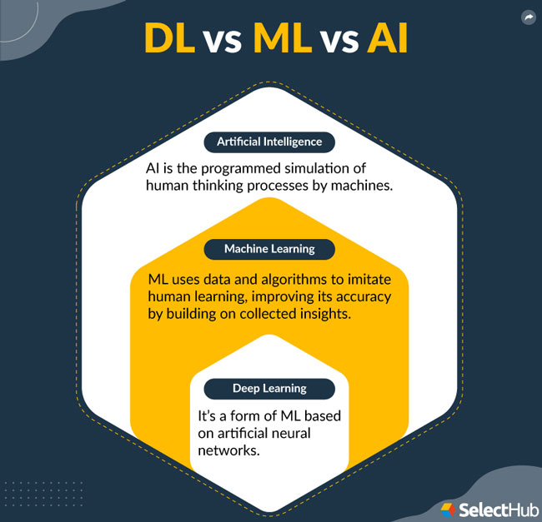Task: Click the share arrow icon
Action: (527, 17)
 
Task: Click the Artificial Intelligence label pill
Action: (269, 142)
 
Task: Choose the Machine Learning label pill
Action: (269, 248)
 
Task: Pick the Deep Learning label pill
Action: (269, 388)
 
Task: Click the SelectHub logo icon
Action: (447, 506)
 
